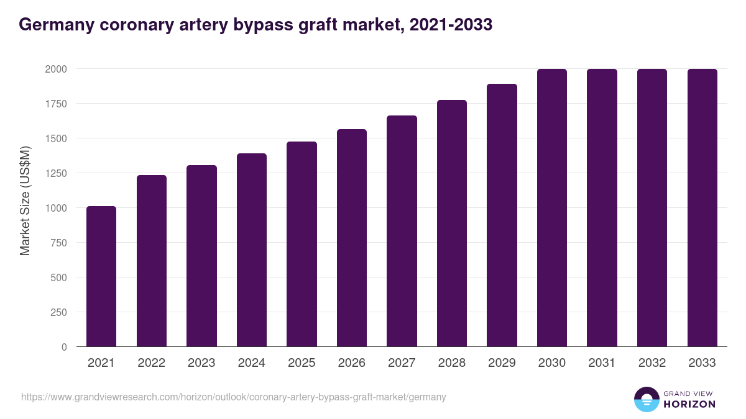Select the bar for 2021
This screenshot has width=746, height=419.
(x=101, y=276)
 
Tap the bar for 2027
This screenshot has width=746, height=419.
(x=402, y=231)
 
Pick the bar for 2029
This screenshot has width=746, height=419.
(x=502, y=215)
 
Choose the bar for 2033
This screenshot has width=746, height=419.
(x=702, y=207)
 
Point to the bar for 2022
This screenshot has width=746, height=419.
(x=152, y=261)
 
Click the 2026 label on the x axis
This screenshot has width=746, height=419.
(x=351, y=363)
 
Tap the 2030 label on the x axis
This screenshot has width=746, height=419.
(x=551, y=363)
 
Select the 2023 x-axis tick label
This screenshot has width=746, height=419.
(x=201, y=363)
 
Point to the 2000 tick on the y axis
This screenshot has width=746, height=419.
(x=56, y=69)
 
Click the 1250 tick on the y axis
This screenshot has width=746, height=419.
(x=56, y=173)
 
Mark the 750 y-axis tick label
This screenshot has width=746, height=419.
(x=58, y=243)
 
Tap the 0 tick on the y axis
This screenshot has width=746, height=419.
(x=64, y=347)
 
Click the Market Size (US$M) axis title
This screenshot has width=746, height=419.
(x=25, y=200)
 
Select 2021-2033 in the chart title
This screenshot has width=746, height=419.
(x=453, y=24)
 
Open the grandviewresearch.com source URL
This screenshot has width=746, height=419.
(x=234, y=397)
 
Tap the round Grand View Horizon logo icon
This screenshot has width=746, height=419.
(x=647, y=399)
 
